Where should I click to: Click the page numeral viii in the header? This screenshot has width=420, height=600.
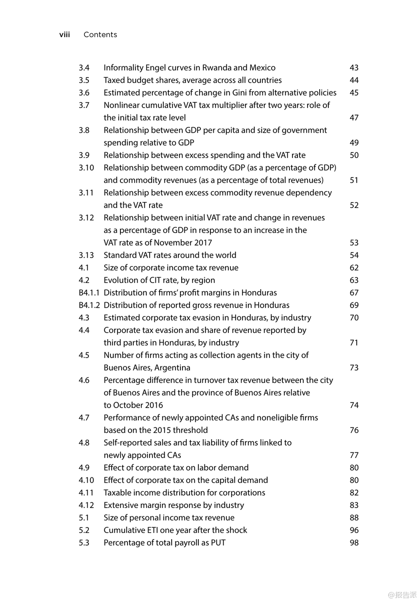tap(64, 35)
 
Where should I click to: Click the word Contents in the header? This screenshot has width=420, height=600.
tap(100, 35)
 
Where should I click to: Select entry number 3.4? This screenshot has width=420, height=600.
tap(84, 68)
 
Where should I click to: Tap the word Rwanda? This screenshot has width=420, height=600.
tap(216, 68)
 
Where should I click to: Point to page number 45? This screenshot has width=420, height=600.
tap(354, 93)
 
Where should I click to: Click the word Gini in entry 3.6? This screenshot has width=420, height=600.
tap(239, 93)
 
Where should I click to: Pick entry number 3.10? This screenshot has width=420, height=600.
tap(86, 168)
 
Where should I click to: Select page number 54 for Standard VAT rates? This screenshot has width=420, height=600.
tap(354, 255)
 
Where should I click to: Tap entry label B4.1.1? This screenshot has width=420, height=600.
tap(89, 293)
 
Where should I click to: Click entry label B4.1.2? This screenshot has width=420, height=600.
tap(89, 305)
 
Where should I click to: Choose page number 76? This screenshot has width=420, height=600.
tap(354, 430)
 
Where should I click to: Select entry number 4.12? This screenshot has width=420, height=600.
tap(86, 505)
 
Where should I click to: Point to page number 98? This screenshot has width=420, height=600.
tap(354, 543)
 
